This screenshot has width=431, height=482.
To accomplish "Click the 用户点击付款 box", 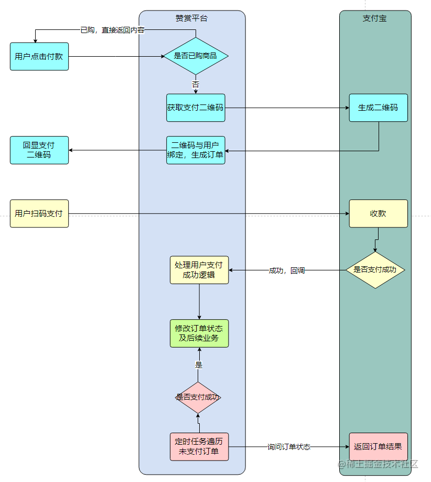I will click(39, 56).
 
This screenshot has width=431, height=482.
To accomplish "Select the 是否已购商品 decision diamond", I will click(196, 56).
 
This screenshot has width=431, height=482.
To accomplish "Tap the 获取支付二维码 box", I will click(196, 108).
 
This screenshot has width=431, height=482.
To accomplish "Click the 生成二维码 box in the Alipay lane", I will click(378, 108).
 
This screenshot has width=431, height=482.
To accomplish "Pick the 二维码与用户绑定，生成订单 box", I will click(196, 150).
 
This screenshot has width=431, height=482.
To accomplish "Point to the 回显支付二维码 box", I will click(39, 150).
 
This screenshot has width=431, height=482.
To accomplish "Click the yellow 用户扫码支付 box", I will click(39, 213).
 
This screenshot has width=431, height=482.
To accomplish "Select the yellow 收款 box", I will click(378, 213).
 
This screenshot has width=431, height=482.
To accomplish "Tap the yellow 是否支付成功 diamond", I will click(375, 270).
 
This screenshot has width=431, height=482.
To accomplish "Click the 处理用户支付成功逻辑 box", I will click(199, 270).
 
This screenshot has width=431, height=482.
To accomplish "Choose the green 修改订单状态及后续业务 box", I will click(199, 333).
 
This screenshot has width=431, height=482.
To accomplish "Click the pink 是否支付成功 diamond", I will click(198, 397).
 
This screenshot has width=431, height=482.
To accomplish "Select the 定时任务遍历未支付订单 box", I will click(199, 446).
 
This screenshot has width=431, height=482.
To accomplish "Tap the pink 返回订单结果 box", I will click(378, 446).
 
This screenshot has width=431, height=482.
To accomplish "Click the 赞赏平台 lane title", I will click(192, 18).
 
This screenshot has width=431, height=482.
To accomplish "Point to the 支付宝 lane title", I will click(374, 18).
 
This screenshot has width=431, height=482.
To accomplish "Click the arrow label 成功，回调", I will click(287, 270).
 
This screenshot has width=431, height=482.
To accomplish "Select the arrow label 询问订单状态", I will click(289, 447).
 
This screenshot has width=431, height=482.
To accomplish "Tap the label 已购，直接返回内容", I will click(112, 30).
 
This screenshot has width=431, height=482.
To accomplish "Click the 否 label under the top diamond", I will click(196, 84).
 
